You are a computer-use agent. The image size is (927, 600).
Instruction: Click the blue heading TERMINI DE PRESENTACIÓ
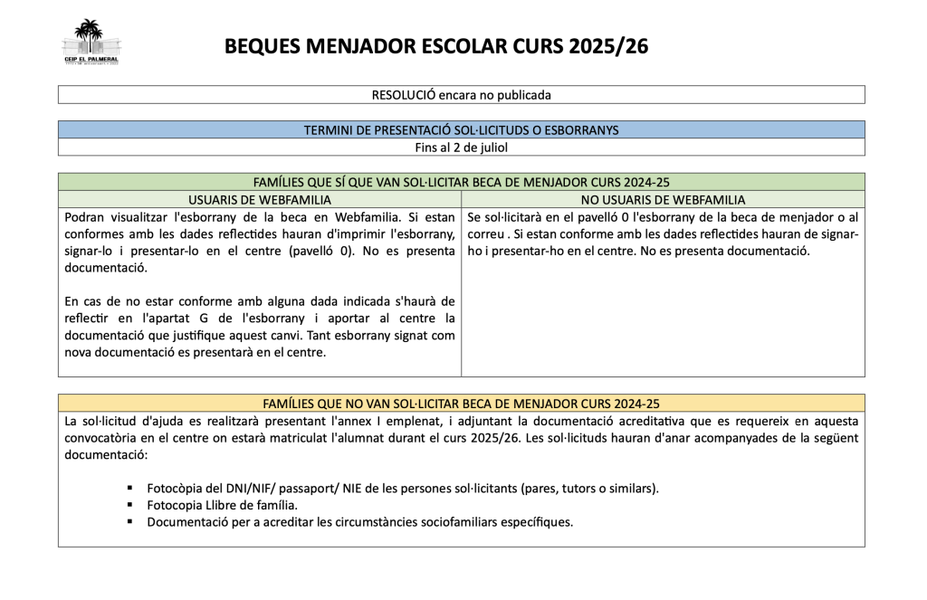(461, 129)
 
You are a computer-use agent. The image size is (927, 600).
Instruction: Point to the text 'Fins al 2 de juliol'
(461, 147)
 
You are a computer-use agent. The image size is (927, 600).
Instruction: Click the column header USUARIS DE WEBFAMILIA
(259, 199)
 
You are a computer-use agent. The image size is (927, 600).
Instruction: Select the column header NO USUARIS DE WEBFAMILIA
(662, 199)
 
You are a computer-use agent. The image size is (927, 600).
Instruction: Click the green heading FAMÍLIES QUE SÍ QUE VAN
(461, 182)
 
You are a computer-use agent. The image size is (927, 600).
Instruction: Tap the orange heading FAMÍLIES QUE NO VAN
(461, 403)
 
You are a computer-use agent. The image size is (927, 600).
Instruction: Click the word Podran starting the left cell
(87, 217)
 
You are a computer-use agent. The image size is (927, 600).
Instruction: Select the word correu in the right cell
(487, 234)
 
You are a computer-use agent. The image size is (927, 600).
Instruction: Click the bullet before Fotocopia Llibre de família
(130, 505)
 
